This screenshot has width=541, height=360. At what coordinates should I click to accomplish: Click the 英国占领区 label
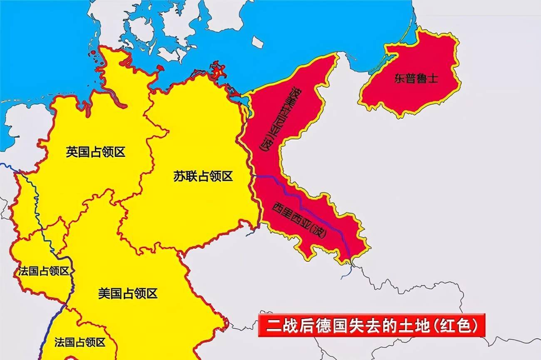click(x=95, y=152)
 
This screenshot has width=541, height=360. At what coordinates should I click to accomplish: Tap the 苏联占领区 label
click(x=203, y=176)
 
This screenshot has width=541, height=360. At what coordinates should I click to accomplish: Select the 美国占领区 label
click(x=128, y=293)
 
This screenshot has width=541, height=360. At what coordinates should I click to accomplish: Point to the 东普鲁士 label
click(x=416, y=79)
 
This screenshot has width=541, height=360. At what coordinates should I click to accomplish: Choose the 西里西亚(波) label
click(x=300, y=220)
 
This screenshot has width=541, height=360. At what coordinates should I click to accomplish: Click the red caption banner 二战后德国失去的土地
click(x=372, y=325)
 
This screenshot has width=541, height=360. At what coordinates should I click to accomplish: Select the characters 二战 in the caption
click(x=278, y=325)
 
